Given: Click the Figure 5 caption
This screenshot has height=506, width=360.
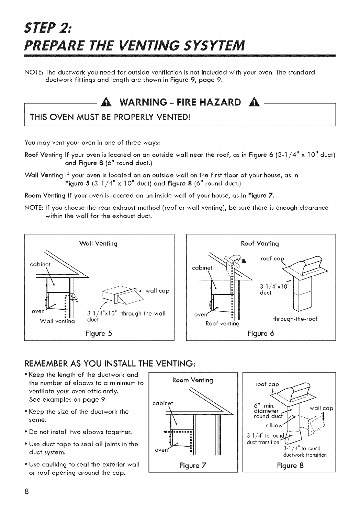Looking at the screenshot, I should coord(100,333).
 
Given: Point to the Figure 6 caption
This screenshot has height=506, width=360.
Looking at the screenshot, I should coord(260,333).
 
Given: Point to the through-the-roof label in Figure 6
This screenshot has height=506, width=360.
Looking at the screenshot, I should coord(295,319).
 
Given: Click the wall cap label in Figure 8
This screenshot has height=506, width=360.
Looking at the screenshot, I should coord(321,409).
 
